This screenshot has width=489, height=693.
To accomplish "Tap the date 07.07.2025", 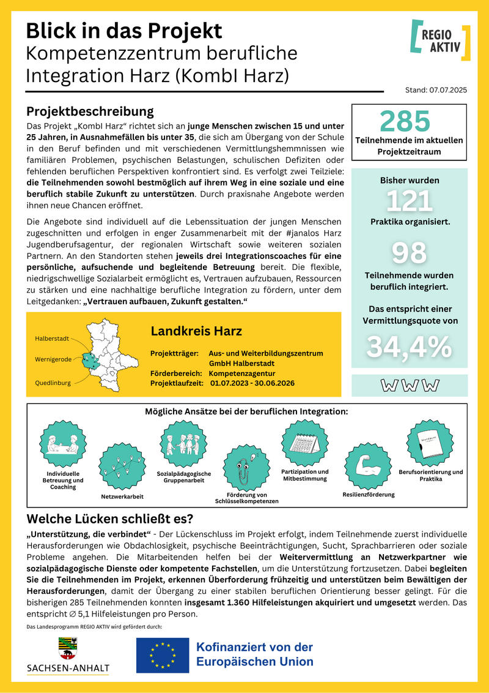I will (x=449, y=90).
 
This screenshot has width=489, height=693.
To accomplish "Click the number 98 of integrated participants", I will (x=409, y=253).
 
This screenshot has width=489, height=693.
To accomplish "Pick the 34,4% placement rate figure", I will (x=409, y=347).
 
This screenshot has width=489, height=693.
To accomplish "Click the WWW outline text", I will (x=410, y=385).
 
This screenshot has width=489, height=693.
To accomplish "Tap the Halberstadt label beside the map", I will (x=52, y=338).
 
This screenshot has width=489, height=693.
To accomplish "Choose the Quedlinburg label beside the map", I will (x=53, y=383).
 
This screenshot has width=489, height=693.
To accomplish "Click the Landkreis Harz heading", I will (x=196, y=331).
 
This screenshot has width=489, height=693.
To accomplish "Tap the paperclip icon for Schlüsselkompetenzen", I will (x=246, y=467).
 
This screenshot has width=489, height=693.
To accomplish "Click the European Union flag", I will (x=163, y=653).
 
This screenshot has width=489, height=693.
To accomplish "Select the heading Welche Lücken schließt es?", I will (x=111, y=519).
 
